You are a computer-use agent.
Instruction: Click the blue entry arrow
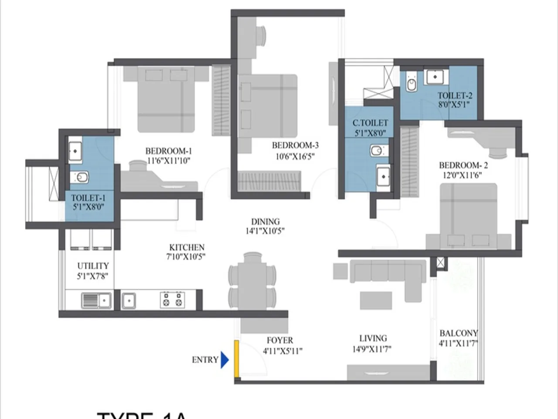[225, 360]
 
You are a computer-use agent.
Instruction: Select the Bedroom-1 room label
[168, 151]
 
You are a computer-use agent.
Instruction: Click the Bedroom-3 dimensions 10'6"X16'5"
[295, 156]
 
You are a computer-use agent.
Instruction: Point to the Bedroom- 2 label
[463, 165]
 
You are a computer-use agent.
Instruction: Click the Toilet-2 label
[455, 96]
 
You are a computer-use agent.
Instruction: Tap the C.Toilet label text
[370, 123]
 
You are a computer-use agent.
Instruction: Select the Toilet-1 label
[88, 198]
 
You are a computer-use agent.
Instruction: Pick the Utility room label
[93, 266]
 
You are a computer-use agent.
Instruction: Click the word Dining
[265, 222]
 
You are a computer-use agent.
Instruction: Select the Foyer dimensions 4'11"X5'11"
[282, 350]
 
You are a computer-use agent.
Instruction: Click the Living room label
[373, 338]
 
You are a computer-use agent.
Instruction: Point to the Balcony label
[459, 333]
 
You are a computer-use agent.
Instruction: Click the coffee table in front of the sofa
[375, 300]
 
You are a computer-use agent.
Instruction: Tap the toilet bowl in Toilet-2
[411, 84]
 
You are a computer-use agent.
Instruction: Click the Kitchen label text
[187, 247]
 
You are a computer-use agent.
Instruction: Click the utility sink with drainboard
[96, 300]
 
